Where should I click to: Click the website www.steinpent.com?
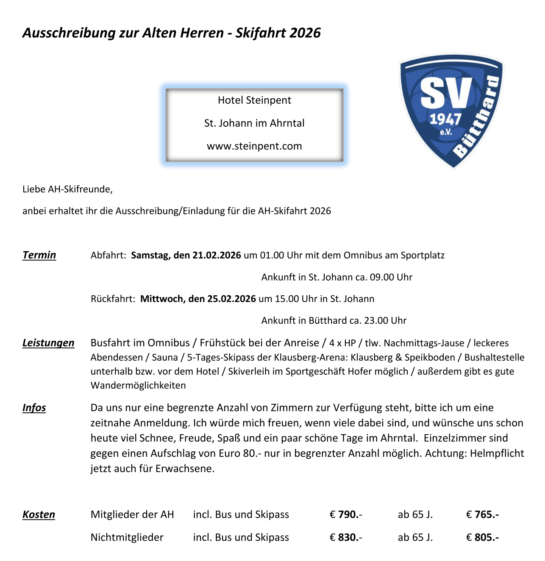(x=254, y=146)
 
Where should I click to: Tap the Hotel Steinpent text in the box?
(x=254, y=100)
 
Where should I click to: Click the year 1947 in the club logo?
(x=445, y=119)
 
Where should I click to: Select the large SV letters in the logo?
(x=446, y=93)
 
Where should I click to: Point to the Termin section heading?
(x=39, y=255)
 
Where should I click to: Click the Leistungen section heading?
(x=48, y=343)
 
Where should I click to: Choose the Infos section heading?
(x=34, y=408)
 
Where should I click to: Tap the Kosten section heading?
(x=39, y=514)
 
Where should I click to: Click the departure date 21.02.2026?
(x=217, y=255)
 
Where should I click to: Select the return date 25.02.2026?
(x=231, y=299)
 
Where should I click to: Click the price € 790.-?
(x=346, y=514)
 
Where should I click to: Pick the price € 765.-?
(x=482, y=514)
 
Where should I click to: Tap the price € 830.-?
(x=346, y=537)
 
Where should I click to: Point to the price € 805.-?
(x=482, y=537)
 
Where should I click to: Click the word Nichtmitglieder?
(x=127, y=537)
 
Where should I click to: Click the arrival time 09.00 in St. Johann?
(x=383, y=277)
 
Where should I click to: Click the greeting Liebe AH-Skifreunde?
(x=67, y=189)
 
